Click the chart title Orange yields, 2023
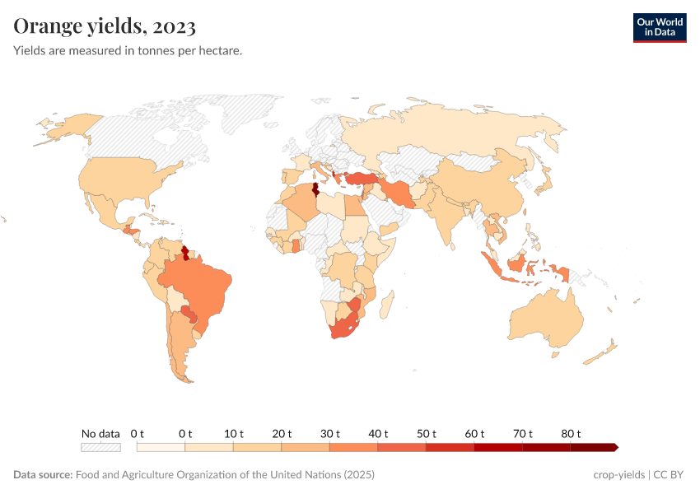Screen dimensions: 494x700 (105, 26)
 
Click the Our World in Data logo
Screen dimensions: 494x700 (659, 27)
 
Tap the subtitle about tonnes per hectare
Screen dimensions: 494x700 (128, 51)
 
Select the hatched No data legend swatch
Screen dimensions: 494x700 (100, 447)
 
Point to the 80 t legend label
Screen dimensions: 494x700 (571, 433)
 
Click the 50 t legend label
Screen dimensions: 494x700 (426, 433)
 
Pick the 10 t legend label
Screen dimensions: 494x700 (233, 433)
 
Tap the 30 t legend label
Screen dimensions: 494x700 (329, 433)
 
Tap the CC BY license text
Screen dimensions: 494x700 (670, 475)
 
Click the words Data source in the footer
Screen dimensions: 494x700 (43, 475)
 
